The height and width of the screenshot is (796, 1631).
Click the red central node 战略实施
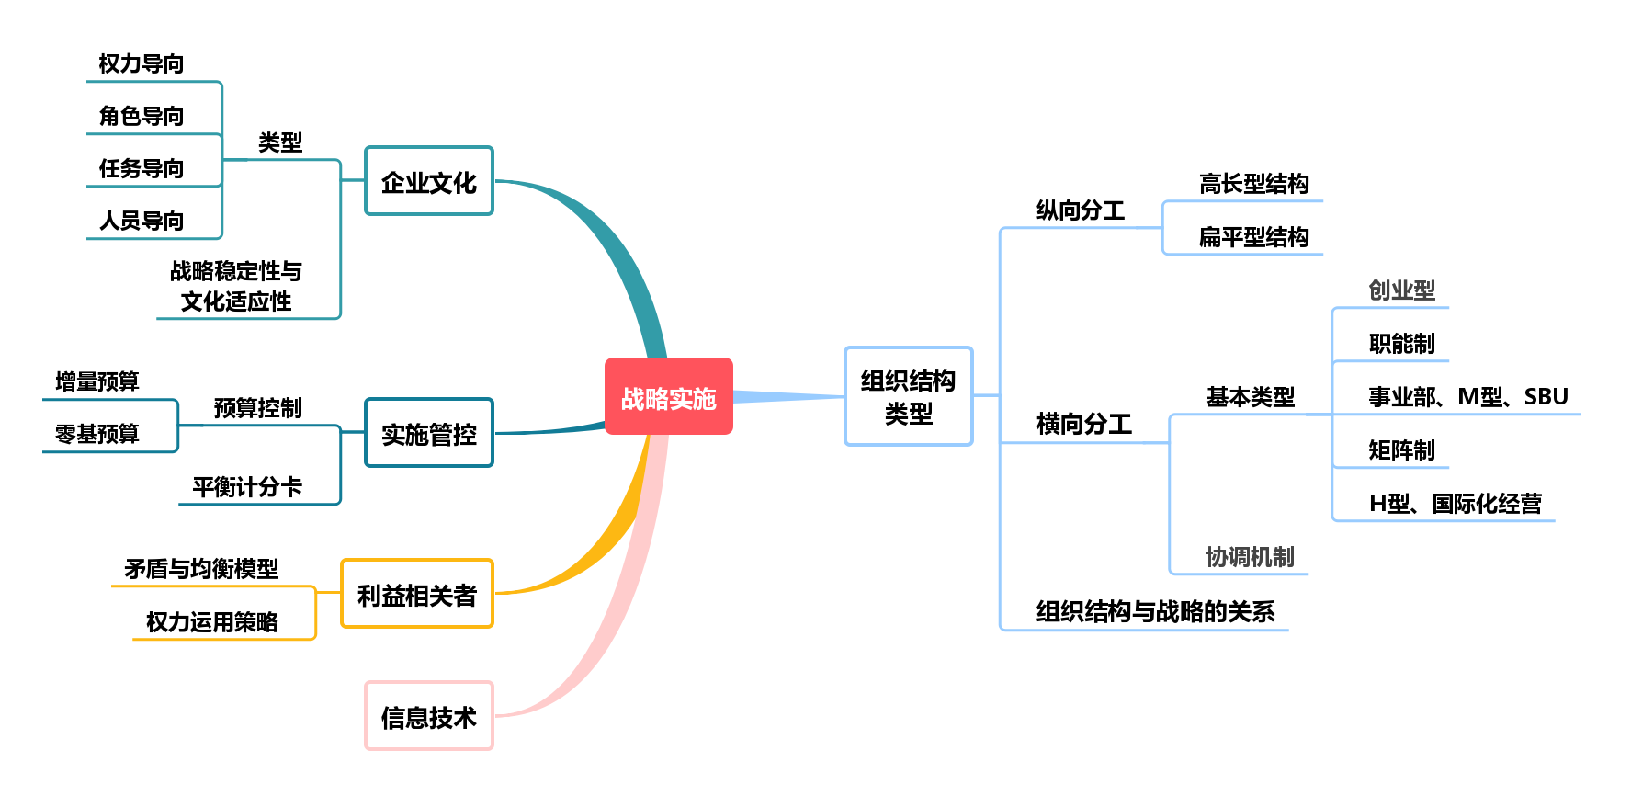(x=669, y=396)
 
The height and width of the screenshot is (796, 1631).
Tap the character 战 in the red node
(x=633, y=399)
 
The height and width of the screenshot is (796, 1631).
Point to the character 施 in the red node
(x=705, y=399)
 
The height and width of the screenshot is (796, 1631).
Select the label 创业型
(x=1401, y=290)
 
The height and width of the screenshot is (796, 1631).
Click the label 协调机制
(x=1250, y=557)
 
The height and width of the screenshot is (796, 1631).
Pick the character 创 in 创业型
(x=1379, y=290)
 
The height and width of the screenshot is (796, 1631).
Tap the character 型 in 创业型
(x=1424, y=290)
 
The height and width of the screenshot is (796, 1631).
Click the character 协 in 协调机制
(x=1217, y=557)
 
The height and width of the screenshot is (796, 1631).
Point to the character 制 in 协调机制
(x=1284, y=557)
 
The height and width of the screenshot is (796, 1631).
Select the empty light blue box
(x=908, y=396)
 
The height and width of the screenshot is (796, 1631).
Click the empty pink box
(x=429, y=715)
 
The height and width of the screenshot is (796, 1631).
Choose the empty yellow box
(x=417, y=593)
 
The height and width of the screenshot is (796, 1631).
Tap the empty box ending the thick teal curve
(x=429, y=181)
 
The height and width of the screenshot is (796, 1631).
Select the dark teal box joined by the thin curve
(x=429, y=432)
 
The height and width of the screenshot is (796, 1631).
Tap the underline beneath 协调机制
(x=1240, y=574)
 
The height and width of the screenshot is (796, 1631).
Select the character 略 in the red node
(x=657, y=399)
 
